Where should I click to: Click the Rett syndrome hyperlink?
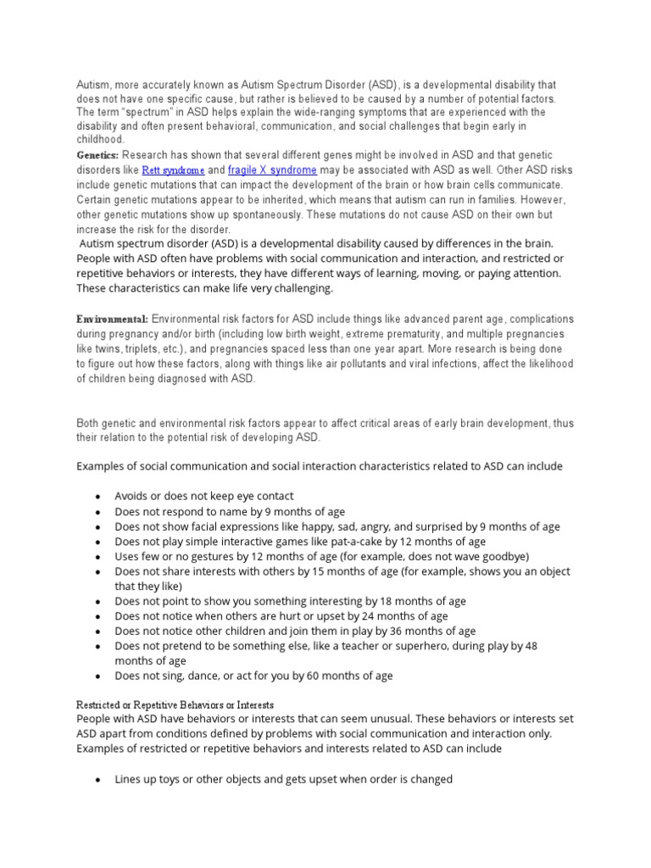click(173, 170)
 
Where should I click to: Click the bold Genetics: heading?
click(98, 156)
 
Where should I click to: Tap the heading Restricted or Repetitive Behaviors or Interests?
click(175, 705)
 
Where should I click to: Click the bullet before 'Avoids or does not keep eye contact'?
click(98, 497)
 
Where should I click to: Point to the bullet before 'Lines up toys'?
click(98, 780)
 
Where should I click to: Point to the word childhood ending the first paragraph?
click(100, 139)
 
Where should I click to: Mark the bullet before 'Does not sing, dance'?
click(98, 676)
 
